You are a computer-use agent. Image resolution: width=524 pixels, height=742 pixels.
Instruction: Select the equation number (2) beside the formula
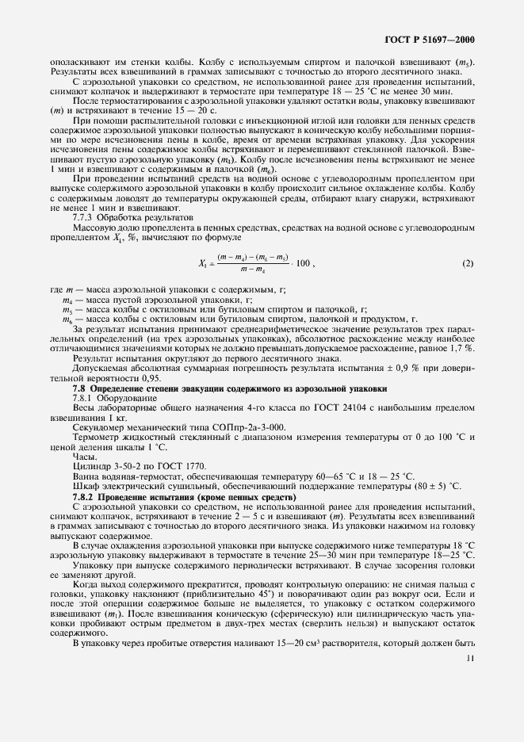[x=469, y=262]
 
